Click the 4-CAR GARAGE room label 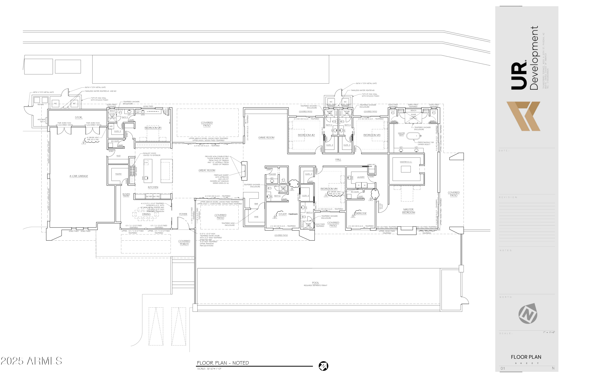pyautogui.click(x=78, y=176)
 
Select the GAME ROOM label pyautogui.click(x=266, y=137)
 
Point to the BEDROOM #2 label pyautogui.click(x=306, y=135)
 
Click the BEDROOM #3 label pyautogui.click(x=372, y=135)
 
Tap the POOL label pyautogui.click(x=315, y=283)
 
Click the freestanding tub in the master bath pyautogui.click(x=413, y=136)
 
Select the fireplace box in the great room pyautogui.click(x=244, y=171)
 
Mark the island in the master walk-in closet pyautogui.click(x=406, y=169)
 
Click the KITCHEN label pyautogui.click(x=153, y=187)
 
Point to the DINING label pyautogui.click(x=146, y=214)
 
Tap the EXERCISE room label pyautogui.click(x=361, y=213)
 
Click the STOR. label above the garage pyautogui.click(x=78, y=118)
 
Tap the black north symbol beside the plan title pyautogui.click(x=323, y=366)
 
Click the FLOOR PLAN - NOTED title pyautogui.click(x=223, y=363)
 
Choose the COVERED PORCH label pyautogui.click(x=184, y=243)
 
